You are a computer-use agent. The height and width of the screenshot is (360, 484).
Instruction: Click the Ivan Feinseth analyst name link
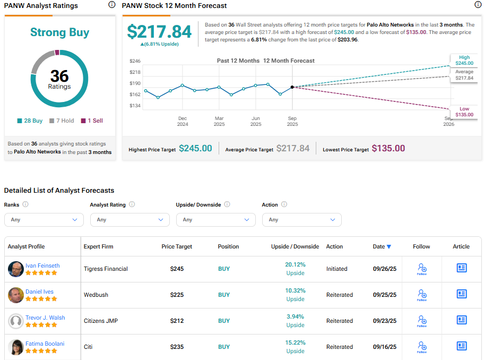click(42, 265)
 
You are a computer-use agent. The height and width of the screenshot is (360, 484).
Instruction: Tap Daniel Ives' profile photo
click(16, 295)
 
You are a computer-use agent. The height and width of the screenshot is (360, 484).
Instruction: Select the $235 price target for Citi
click(177, 347)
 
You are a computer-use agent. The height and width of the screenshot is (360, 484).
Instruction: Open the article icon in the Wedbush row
click(462, 294)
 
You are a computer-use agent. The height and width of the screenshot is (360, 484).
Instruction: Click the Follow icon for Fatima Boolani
click(422, 347)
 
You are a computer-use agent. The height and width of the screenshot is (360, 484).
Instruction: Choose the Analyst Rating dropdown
click(129, 220)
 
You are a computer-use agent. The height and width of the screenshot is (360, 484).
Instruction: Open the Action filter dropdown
click(301, 220)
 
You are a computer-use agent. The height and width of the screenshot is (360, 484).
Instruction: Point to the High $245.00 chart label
click(464, 60)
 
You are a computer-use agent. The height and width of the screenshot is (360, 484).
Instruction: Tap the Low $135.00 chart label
click(464, 112)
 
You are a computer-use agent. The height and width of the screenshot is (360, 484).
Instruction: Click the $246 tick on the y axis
click(135, 61)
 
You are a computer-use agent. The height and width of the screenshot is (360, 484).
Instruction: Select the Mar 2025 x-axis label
click(219, 121)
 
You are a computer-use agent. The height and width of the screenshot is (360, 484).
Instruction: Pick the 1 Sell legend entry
click(92, 121)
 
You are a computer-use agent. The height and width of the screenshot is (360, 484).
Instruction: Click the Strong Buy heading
click(59, 32)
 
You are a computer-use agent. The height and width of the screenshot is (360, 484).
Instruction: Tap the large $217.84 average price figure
click(159, 32)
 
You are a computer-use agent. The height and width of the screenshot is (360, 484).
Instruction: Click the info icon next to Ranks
click(25, 204)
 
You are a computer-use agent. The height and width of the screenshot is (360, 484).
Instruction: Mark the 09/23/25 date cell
click(385, 321)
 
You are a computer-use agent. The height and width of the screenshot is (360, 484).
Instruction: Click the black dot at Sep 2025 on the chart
click(292, 87)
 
